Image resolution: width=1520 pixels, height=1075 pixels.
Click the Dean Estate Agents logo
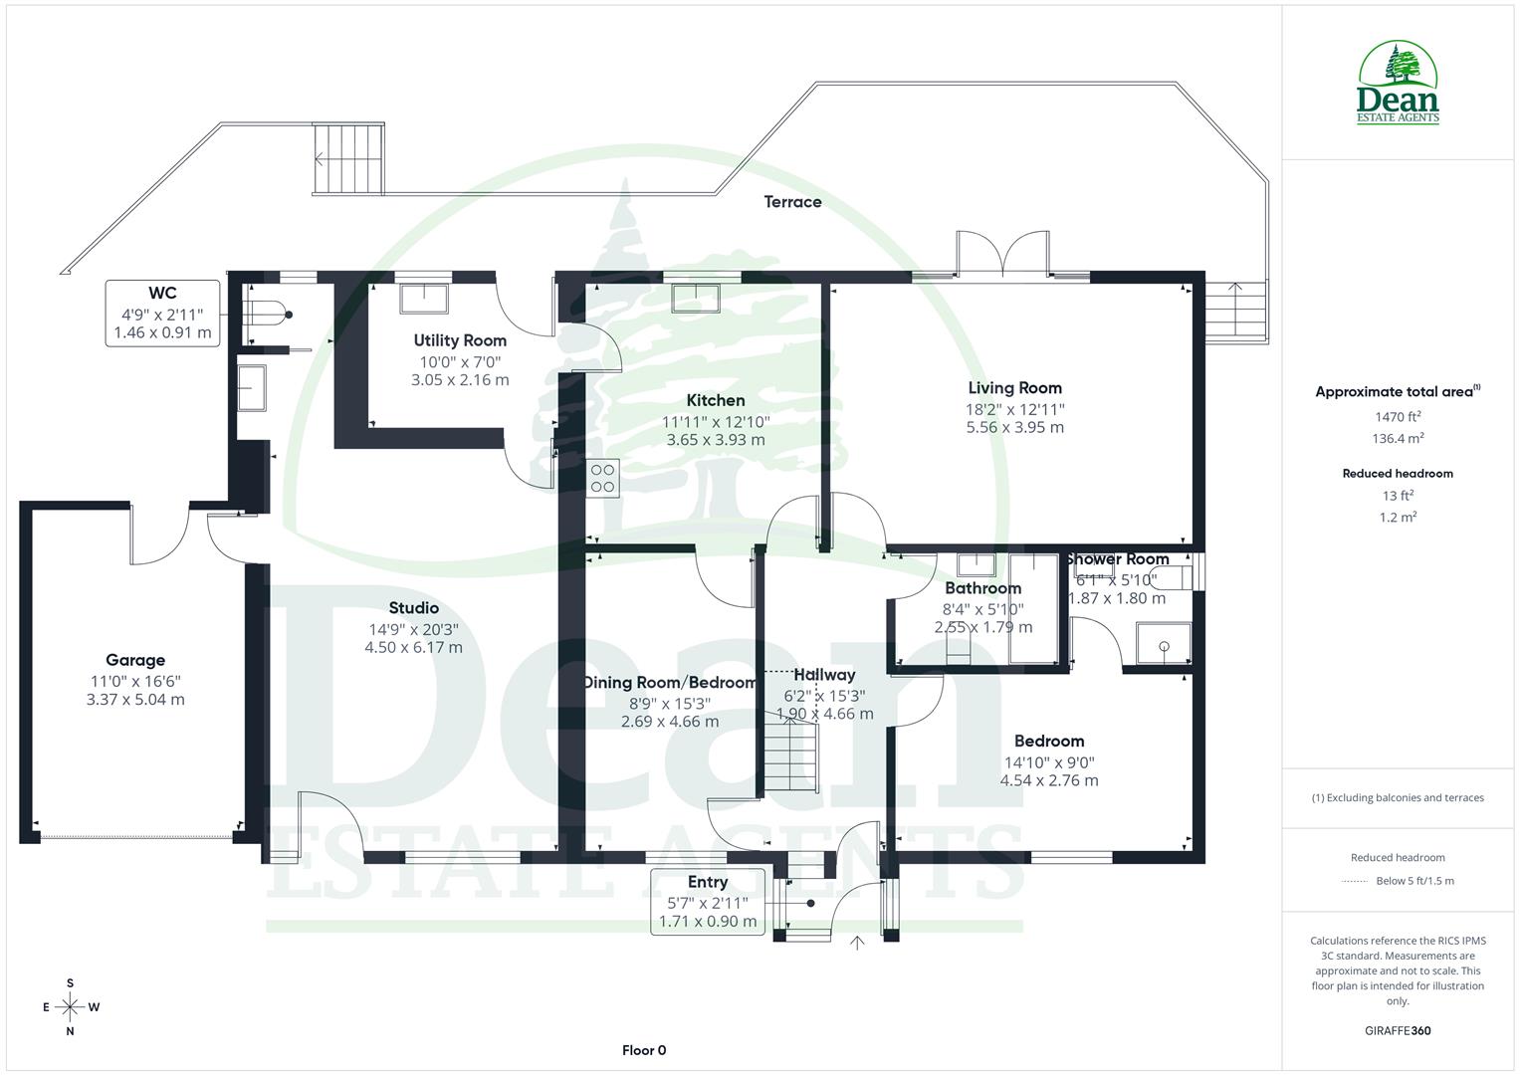pyautogui.click(x=1398, y=84)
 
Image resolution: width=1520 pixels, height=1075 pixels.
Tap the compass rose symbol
pyautogui.click(x=70, y=1007)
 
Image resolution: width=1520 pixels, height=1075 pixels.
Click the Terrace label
pyautogui.click(x=792, y=202)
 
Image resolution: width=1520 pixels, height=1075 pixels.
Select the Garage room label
pyautogui.click(x=135, y=660)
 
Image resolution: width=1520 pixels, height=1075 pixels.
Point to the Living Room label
pyautogui.click(x=1014, y=388)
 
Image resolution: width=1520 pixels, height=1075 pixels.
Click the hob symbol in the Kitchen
pyautogui.click(x=602, y=478)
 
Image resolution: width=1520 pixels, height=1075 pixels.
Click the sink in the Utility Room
pyautogui.click(x=424, y=298)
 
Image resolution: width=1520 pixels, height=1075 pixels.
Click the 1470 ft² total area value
pyautogui.click(x=1398, y=417)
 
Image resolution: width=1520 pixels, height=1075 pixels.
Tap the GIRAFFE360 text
pyautogui.click(x=1398, y=1030)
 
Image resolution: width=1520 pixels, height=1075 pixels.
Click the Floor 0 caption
pyautogui.click(x=644, y=1050)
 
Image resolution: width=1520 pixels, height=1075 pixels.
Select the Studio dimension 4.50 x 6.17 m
pyautogui.click(x=413, y=647)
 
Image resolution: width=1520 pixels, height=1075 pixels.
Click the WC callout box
pyautogui.click(x=162, y=314)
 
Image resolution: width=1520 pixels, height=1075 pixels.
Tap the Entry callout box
pyautogui.click(x=708, y=902)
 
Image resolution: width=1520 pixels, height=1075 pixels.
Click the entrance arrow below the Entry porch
pyautogui.click(x=858, y=943)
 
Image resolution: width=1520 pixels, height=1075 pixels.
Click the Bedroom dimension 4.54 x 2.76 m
pyautogui.click(x=1049, y=780)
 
